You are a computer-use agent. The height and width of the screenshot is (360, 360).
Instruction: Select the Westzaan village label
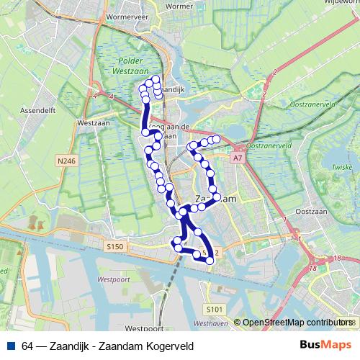pyautogui.click(x=91, y=123)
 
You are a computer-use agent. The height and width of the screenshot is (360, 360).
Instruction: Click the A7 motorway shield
pyautogui.click(x=238, y=156)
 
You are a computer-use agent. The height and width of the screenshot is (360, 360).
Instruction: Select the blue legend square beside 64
pyautogui.click(x=11, y=346)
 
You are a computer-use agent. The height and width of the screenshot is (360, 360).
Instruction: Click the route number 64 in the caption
pyautogui.click(x=28, y=346)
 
